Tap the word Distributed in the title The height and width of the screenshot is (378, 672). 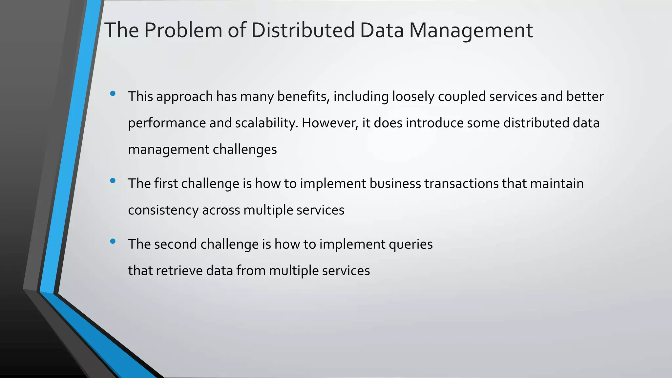(303, 30)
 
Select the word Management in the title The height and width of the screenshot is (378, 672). (471, 30)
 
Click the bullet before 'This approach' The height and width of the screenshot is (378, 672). (113, 94)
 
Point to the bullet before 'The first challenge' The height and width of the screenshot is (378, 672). (113, 180)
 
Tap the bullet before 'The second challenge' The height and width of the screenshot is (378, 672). (113, 241)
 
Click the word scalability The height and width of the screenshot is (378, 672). (267, 123)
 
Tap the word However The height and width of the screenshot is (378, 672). (330, 123)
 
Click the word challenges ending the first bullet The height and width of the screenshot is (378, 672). (245, 150)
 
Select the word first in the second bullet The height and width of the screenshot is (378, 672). (166, 183)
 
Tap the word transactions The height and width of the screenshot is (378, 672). (461, 183)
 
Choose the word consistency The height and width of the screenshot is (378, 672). (163, 210)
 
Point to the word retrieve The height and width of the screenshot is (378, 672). (179, 271)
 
